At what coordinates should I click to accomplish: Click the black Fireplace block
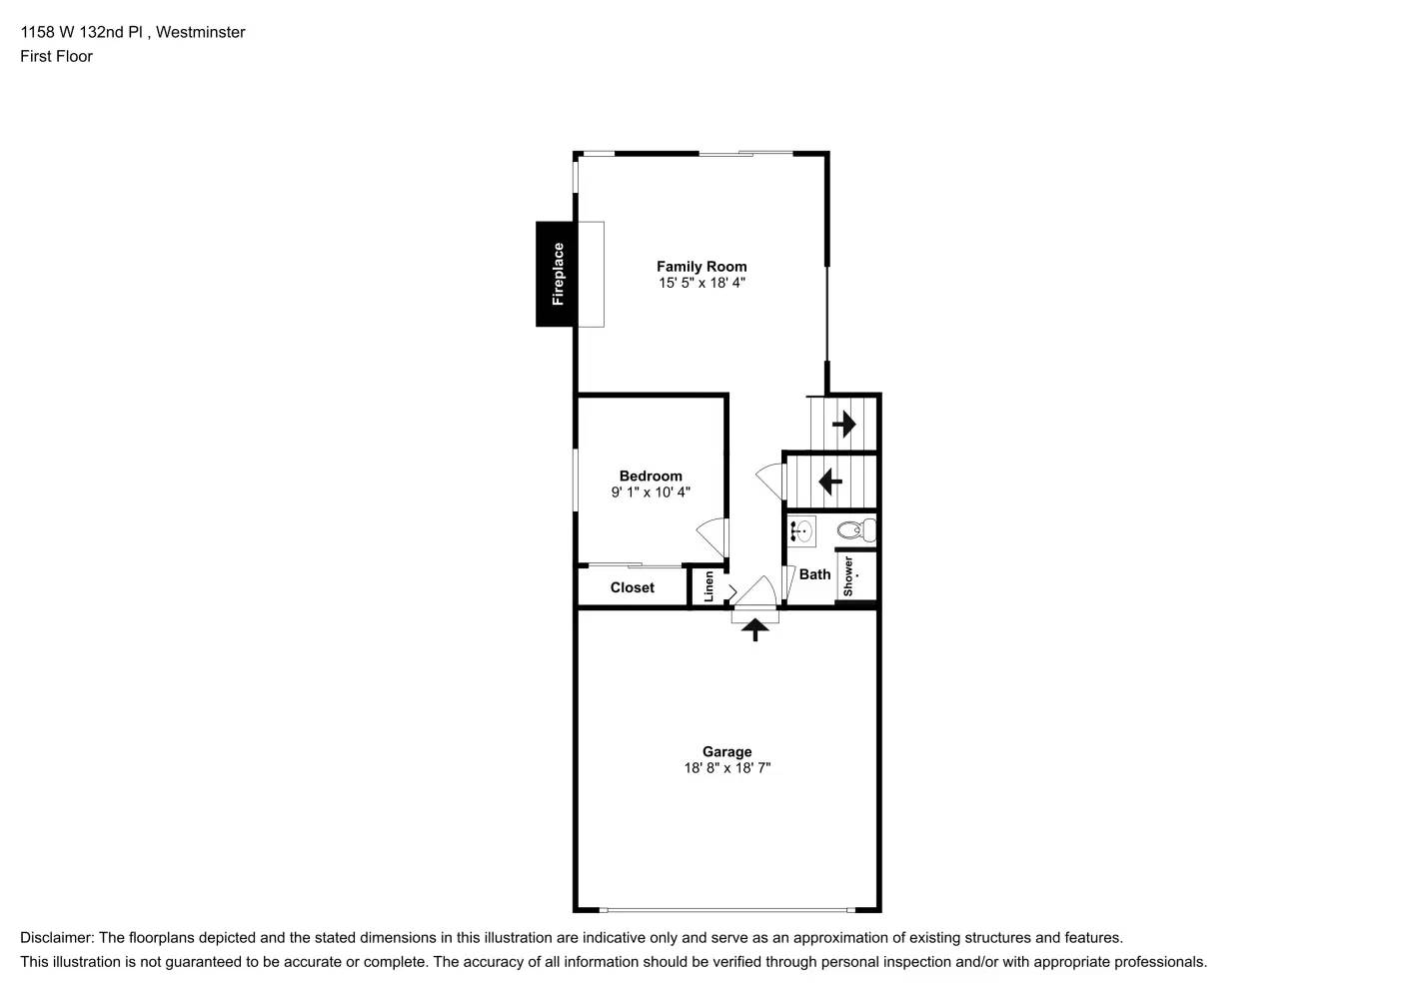(x=556, y=274)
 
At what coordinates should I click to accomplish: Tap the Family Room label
(x=702, y=267)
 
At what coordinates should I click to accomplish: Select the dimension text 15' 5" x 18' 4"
(x=702, y=283)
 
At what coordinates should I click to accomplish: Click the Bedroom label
(x=651, y=477)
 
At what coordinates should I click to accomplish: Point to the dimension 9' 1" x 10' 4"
(x=651, y=493)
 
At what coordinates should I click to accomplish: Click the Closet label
(x=632, y=587)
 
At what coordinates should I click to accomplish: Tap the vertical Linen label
(x=708, y=585)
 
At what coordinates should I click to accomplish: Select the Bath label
(x=814, y=574)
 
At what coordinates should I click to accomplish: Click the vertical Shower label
(x=848, y=576)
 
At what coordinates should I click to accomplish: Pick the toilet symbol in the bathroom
(x=855, y=530)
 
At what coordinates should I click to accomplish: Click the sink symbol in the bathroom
(x=801, y=530)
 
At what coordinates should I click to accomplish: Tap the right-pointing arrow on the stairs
(x=844, y=425)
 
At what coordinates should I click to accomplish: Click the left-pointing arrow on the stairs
(x=830, y=482)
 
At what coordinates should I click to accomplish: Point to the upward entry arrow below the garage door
(x=754, y=629)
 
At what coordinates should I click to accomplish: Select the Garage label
(x=726, y=752)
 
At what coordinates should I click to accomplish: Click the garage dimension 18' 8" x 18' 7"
(x=726, y=768)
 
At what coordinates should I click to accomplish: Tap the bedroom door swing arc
(x=710, y=537)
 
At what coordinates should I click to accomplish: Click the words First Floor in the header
(x=56, y=56)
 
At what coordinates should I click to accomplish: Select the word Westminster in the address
(x=200, y=32)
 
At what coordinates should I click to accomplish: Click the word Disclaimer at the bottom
(x=57, y=938)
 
